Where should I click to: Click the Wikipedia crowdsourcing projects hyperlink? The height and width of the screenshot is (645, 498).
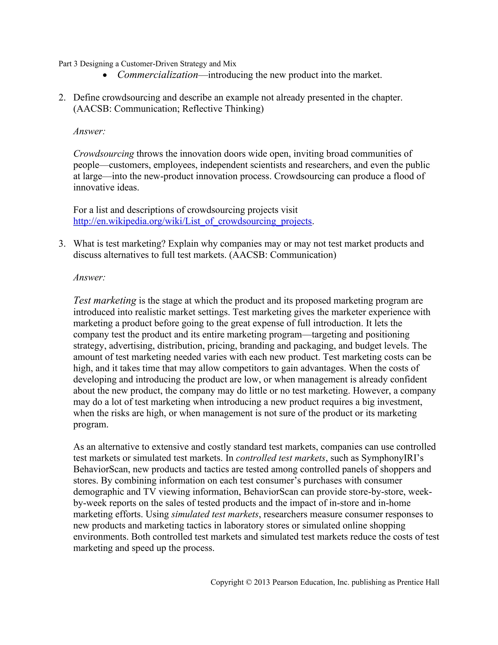(x=192, y=221)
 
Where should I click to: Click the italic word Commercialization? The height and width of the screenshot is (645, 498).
(x=158, y=75)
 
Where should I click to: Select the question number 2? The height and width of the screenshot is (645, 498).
(x=62, y=97)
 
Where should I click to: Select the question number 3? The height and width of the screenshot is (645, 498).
(x=62, y=244)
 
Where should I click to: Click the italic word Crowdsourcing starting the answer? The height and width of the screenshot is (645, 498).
(x=104, y=154)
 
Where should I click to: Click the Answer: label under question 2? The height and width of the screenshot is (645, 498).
(x=89, y=131)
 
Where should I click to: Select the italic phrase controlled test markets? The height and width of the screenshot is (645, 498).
(x=280, y=458)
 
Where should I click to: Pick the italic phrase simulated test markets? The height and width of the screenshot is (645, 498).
(x=215, y=514)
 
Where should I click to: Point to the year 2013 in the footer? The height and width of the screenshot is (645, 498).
(x=262, y=582)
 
